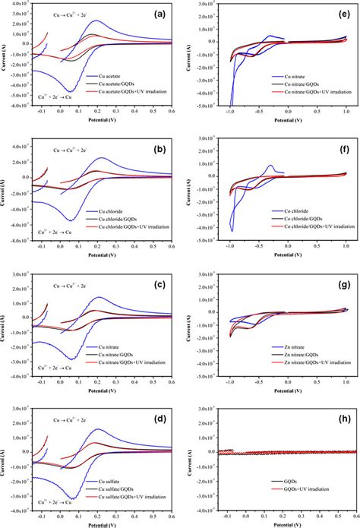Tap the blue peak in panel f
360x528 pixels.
pos(270,166)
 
